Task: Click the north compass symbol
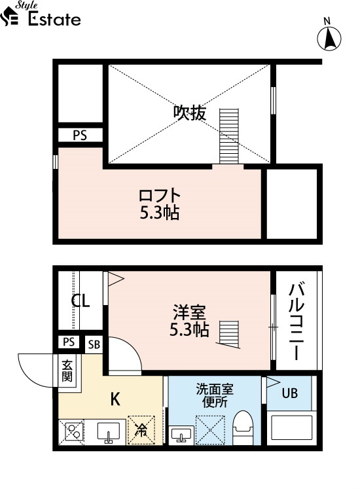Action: coord(329,37)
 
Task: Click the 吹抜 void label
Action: coord(190,113)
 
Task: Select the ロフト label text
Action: coord(160,195)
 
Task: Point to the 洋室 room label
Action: coord(189,312)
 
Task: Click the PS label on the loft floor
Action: coord(80,136)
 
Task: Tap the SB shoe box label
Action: coord(94,344)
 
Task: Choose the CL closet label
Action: coord(81,300)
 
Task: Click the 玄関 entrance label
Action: coord(67,371)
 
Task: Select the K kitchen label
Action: coord(115,399)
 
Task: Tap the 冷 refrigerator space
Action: coord(141,430)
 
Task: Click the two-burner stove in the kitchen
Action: coord(74,431)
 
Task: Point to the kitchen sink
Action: coord(108,433)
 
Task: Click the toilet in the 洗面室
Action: coord(244,427)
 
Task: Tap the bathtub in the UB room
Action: coord(291,427)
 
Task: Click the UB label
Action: coord(289,393)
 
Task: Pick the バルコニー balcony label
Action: coord(296,321)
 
